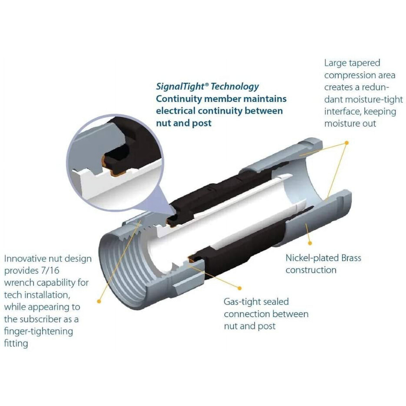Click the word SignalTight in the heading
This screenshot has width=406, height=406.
180,87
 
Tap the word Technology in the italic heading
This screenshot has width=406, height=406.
235,87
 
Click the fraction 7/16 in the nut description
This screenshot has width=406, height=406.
50,270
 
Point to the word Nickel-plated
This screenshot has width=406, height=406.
312,258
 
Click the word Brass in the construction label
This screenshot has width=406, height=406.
351,258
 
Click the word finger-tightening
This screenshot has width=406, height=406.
39,331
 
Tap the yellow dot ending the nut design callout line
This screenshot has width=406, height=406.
99,301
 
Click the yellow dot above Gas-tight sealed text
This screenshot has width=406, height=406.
239,288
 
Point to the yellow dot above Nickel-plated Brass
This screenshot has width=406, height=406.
310,243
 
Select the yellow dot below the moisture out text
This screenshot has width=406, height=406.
347,143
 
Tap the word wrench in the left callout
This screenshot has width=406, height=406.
19,283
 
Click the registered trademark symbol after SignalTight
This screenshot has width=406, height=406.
207,84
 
